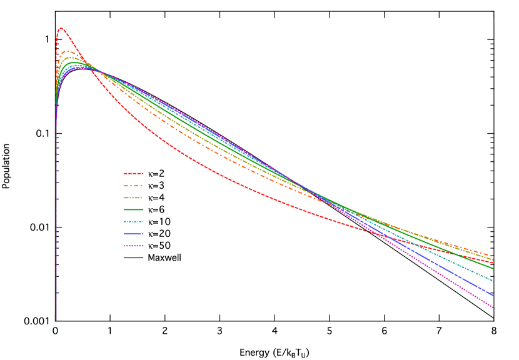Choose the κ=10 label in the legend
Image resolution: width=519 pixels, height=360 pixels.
(159, 221)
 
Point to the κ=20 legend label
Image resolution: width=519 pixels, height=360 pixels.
(159, 233)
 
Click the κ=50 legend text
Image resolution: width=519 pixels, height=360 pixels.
(159, 245)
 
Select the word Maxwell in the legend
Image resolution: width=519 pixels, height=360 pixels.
(164, 257)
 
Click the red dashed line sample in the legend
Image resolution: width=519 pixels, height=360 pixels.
(134, 174)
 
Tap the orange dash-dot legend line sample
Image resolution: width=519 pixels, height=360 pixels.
(134, 186)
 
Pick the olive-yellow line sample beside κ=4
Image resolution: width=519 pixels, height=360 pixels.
(134, 197)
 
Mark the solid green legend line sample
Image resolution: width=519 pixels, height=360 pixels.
(134, 209)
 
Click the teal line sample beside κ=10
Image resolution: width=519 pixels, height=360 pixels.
(134, 221)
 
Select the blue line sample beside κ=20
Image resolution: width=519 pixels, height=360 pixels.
(134, 233)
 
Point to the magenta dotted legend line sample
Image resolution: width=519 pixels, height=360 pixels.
(134, 245)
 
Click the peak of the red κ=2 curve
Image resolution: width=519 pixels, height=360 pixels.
(61, 28)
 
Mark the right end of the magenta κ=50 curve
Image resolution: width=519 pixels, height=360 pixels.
(493, 307)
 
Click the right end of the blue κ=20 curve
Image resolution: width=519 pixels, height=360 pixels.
(493, 295)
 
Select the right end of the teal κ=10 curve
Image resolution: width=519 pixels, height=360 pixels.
(493, 281)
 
